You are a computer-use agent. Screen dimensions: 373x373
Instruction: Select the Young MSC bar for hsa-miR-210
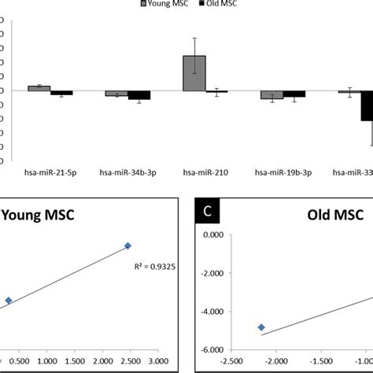point(194,73)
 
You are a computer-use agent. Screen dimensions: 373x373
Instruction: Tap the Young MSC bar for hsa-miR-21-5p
point(39,88)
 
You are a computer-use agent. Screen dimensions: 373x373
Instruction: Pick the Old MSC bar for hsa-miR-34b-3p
point(139,95)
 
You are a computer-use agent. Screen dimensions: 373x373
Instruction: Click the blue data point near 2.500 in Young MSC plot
point(127,246)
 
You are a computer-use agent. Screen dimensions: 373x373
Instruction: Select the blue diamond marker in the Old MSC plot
point(261,327)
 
